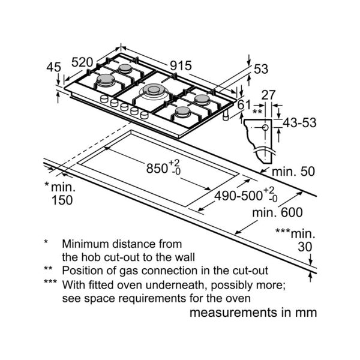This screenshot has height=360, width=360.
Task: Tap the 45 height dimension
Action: pyautogui.click(x=54, y=67)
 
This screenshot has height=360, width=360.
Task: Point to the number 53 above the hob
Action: pyautogui.click(x=260, y=69)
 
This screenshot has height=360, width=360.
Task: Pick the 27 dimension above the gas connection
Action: pyautogui.click(x=269, y=95)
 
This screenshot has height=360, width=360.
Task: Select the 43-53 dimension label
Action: pyautogui.click(x=299, y=123)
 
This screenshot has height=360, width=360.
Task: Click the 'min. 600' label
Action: pyautogui.click(x=277, y=212)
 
